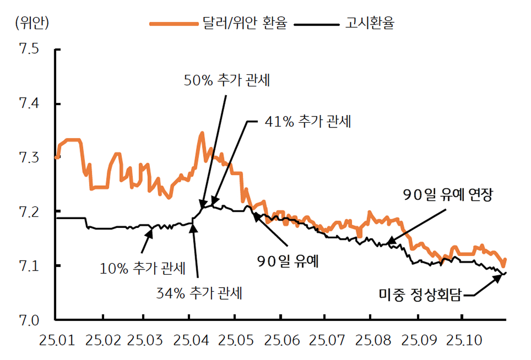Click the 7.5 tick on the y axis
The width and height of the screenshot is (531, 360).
coord(28,49)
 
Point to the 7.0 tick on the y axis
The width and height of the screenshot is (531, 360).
coord(28,320)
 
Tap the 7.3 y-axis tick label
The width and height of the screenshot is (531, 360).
coord(28,158)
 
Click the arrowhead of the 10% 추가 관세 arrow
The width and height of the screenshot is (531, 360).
coord(151,230)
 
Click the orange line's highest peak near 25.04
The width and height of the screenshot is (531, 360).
coord(202,133)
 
